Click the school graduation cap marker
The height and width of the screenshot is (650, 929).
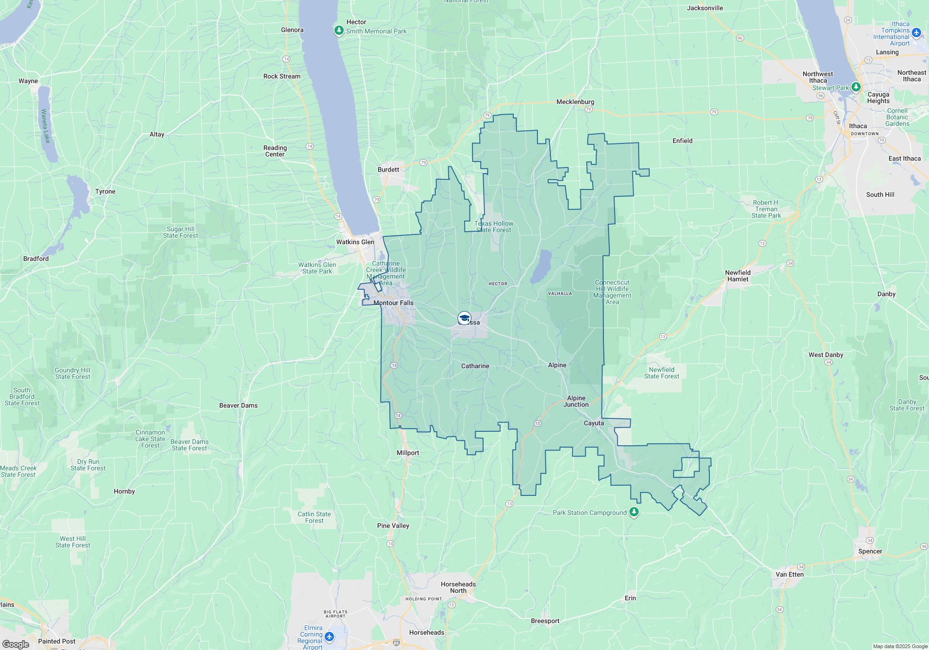pyautogui.click(x=464, y=318)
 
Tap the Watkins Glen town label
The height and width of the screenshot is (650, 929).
pyautogui.click(x=355, y=242)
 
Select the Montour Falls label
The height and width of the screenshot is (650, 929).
pyautogui.click(x=393, y=303)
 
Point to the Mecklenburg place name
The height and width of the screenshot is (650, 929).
pyautogui.click(x=575, y=102)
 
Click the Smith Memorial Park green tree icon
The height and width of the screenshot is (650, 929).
pyautogui.click(x=339, y=31)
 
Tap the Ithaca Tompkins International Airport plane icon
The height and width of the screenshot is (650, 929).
pyautogui.click(x=916, y=32)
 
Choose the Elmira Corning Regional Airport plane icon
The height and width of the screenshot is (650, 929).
pyautogui.click(x=329, y=636)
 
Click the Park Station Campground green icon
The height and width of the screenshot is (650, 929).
pyautogui.click(x=634, y=512)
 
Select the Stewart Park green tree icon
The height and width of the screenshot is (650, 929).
pyautogui.click(x=856, y=87)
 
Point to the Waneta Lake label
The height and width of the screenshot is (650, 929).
pyautogui.click(x=46, y=126)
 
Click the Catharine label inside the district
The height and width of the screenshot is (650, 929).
pyautogui.click(x=475, y=366)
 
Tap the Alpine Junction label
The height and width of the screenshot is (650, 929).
pyautogui.click(x=576, y=401)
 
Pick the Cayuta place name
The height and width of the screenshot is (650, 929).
pyautogui.click(x=594, y=423)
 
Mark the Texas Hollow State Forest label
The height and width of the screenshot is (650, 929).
pyautogui.click(x=494, y=227)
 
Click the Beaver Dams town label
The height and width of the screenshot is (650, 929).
pyautogui.click(x=238, y=405)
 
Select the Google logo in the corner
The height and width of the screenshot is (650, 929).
pyautogui.click(x=16, y=644)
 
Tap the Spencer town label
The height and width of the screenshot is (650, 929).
pyautogui.click(x=870, y=551)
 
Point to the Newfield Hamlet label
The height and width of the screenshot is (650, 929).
pyautogui.click(x=738, y=276)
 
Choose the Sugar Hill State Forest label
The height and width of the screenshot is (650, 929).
pyautogui.click(x=180, y=232)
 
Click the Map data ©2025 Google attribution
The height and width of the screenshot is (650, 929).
pyautogui.click(x=900, y=646)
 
